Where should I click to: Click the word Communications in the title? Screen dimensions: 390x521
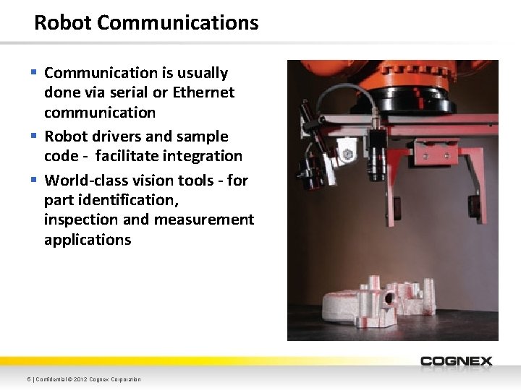click(x=177, y=22)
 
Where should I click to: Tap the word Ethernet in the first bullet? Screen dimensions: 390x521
click(x=203, y=92)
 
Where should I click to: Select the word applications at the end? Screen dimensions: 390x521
click(x=88, y=240)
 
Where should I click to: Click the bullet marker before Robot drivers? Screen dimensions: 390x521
click(x=34, y=136)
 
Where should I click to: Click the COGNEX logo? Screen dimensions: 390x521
click(x=456, y=361)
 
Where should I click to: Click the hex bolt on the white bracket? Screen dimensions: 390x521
click(x=347, y=154)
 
